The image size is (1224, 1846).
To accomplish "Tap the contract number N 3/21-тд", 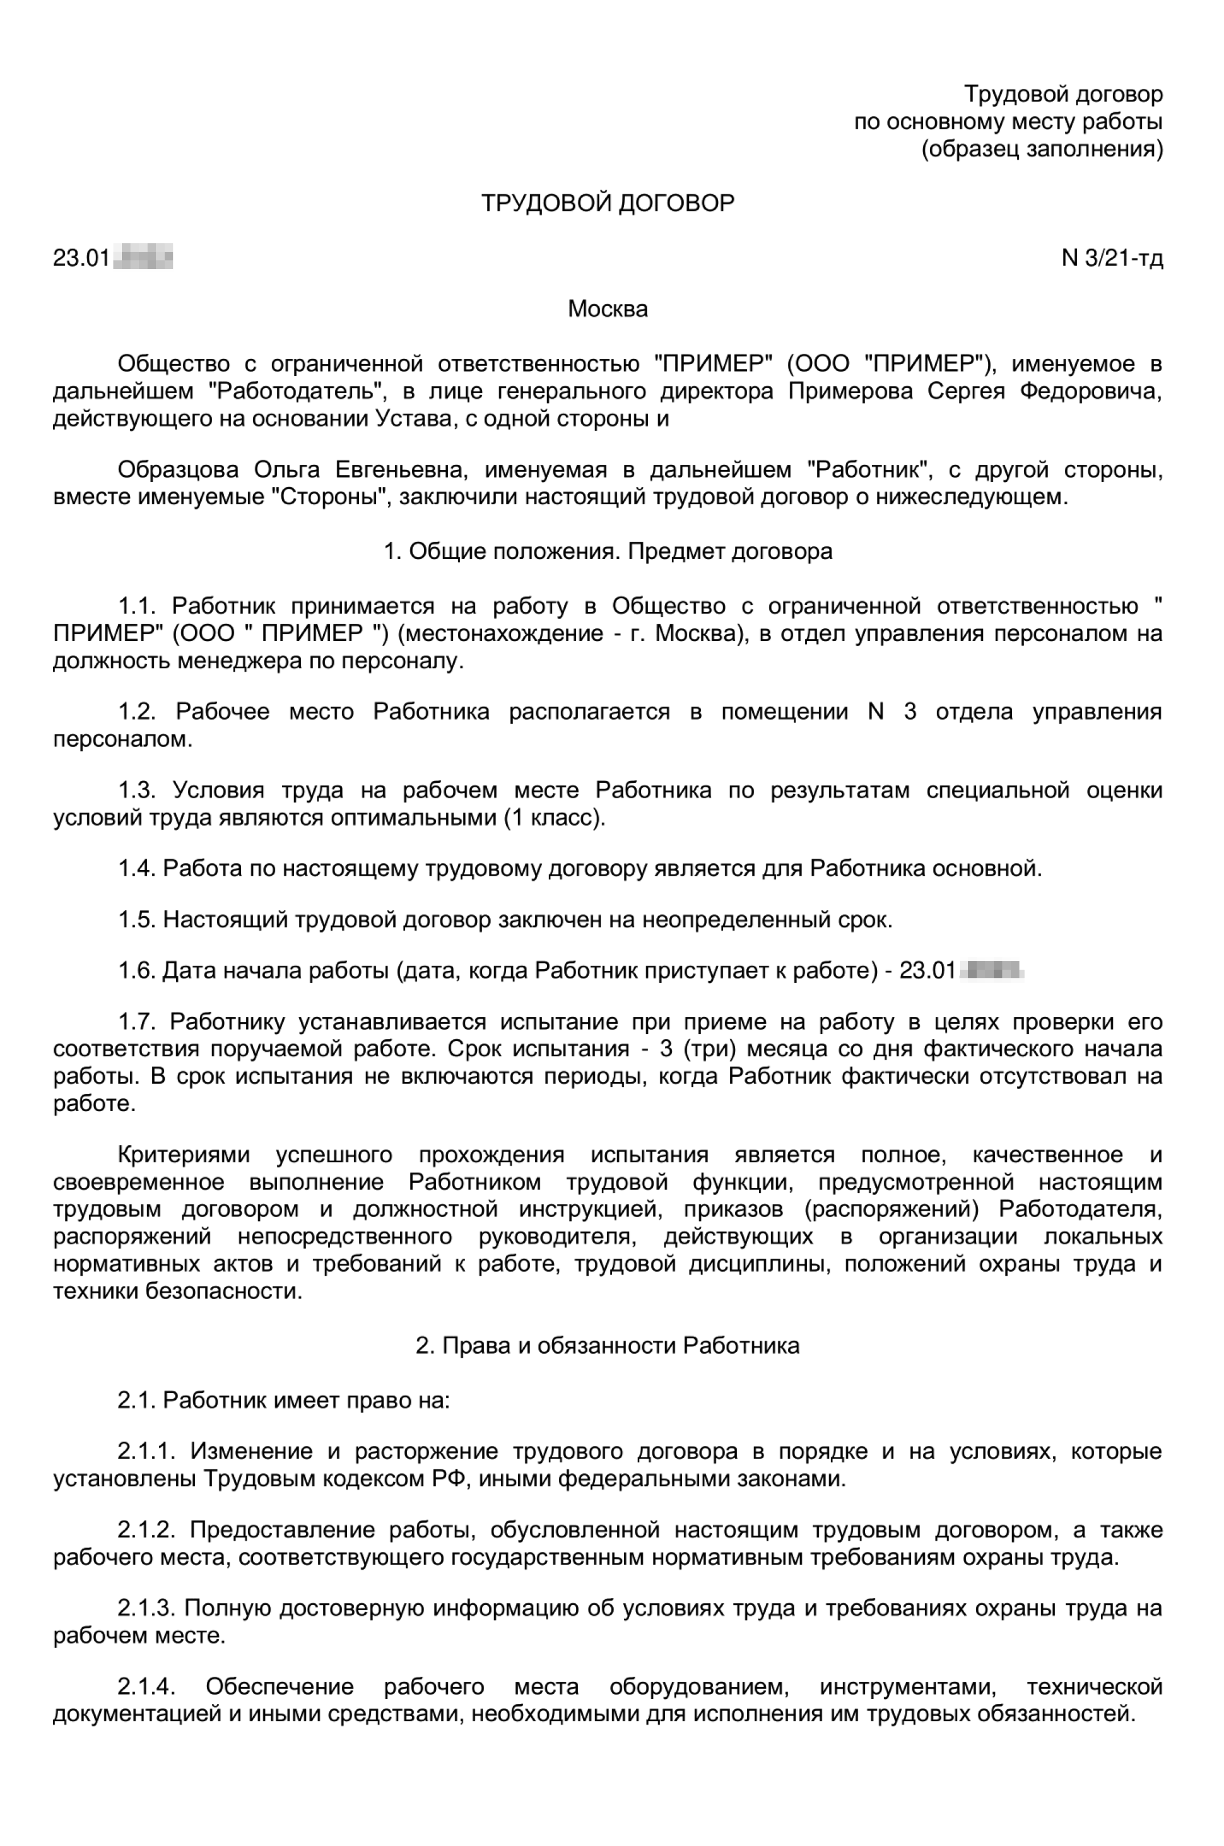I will [1112, 258].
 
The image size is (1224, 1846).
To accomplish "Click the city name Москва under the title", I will [607, 309].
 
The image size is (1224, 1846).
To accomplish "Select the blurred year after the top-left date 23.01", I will [144, 257].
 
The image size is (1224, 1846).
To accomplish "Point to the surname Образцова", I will [178, 470].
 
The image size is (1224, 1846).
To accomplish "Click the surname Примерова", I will [850, 391].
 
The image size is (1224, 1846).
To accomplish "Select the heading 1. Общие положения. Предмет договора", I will [607, 552].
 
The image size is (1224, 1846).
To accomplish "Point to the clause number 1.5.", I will [137, 920].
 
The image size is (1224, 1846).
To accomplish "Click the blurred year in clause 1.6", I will [992, 970].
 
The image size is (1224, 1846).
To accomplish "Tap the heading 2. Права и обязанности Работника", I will [607, 1346].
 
